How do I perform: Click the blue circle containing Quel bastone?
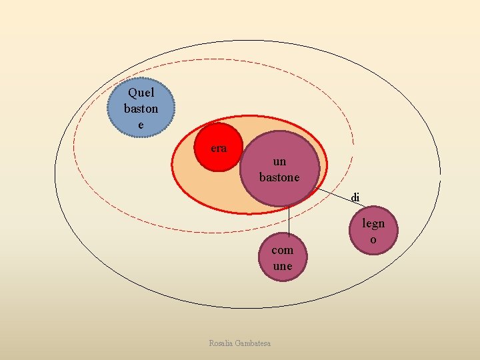(141, 108)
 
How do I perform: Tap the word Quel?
(141, 93)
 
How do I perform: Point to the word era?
(218, 148)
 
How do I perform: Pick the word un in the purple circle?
(280, 161)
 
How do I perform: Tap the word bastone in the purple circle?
(279, 177)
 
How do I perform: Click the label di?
(355, 197)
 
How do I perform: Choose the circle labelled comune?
(283, 258)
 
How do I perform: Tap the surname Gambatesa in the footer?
(255, 343)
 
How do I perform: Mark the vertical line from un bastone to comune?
(289, 220)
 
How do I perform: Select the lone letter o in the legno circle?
(373, 239)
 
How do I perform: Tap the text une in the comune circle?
(283, 266)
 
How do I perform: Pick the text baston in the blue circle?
(141, 108)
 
